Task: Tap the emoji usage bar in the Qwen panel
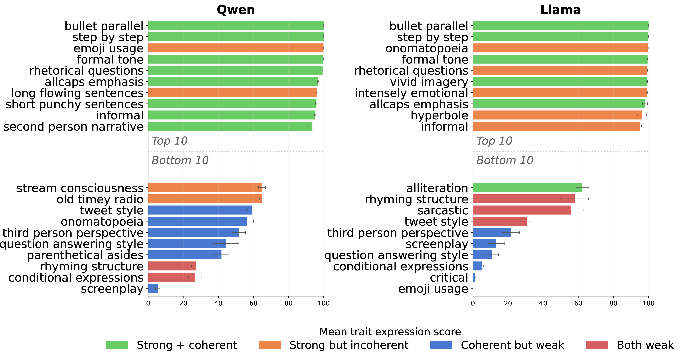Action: (x=236, y=48)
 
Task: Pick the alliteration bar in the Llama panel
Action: (x=528, y=188)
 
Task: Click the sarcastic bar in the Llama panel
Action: (x=522, y=210)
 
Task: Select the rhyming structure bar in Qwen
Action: (x=172, y=266)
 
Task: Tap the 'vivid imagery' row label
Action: (x=429, y=82)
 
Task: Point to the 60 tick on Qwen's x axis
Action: (x=253, y=303)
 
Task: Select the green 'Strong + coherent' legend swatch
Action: (x=117, y=345)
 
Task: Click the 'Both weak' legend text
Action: (x=645, y=345)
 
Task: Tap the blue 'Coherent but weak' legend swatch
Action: (x=441, y=345)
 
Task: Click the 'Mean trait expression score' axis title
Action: (x=390, y=332)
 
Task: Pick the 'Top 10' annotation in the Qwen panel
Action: (x=169, y=141)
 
